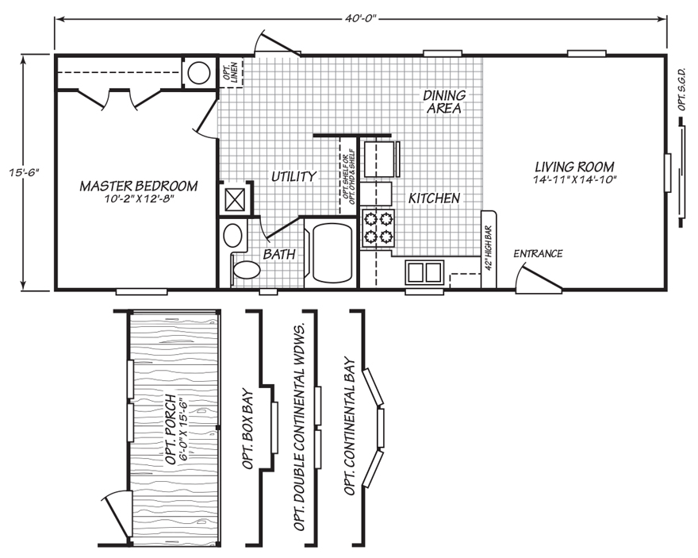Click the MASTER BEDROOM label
point(138,186)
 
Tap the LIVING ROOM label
point(574,167)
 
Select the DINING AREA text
point(444,102)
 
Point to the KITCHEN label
point(434,198)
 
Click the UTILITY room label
point(293,176)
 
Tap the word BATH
point(279,255)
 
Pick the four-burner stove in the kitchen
point(378,227)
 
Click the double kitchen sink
point(424,272)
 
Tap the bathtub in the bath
point(331,253)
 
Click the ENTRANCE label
point(538,254)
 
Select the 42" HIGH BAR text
point(489,248)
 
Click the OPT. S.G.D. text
point(683,87)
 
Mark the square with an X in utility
point(236,198)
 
